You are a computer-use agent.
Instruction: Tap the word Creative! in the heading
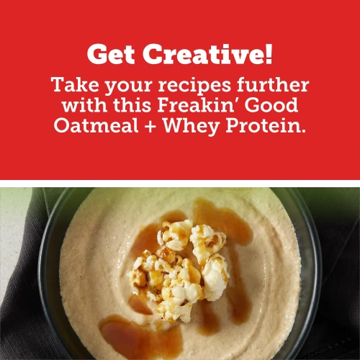(207, 54)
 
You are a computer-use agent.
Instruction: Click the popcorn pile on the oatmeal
(180, 266)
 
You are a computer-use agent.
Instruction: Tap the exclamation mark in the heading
(269, 53)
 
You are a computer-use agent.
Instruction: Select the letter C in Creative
(153, 54)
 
